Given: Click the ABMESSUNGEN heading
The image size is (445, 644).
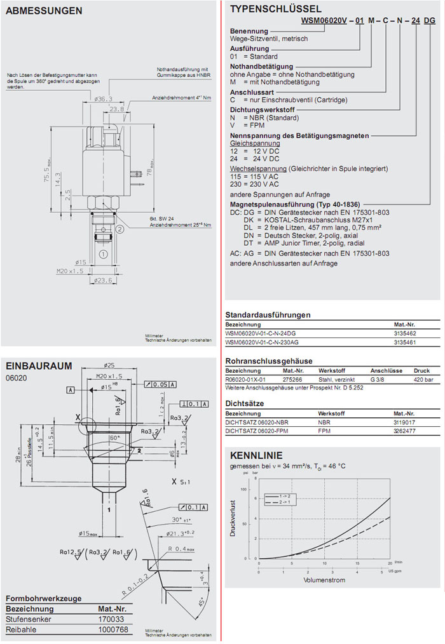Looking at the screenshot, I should pos(44,10).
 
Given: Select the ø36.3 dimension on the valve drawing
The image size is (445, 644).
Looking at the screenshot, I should pos(103,98).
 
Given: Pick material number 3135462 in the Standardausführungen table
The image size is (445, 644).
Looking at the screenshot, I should pos(405,332).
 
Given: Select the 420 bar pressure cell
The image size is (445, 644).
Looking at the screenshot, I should pos(422,379).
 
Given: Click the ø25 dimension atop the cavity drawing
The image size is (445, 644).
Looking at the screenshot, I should pos(111,365).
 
